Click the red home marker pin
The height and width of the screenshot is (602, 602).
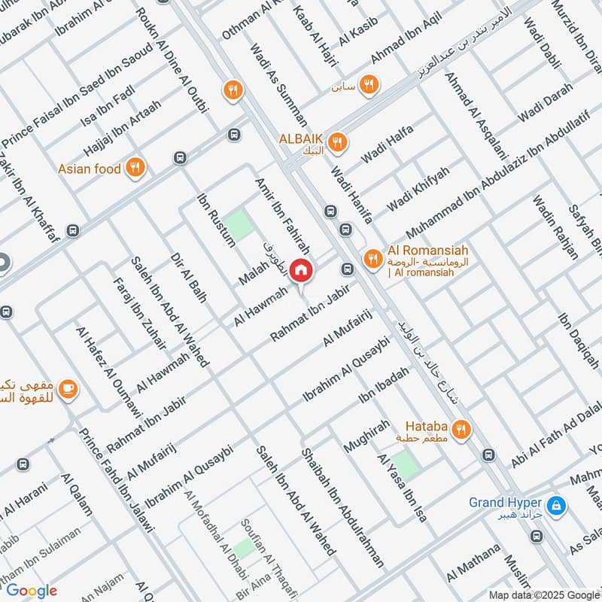[x=301, y=269]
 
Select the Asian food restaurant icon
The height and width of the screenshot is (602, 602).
[x=135, y=169]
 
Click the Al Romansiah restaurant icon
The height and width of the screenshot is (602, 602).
[x=372, y=260]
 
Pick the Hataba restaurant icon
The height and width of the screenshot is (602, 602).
[x=461, y=429]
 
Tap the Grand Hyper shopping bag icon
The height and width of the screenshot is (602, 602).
[x=557, y=503]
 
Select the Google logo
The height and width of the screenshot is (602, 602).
[x=32, y=591]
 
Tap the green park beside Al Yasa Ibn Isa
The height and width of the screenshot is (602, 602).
[x=404, y=464]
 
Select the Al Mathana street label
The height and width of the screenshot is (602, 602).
[x=473, y=563]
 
